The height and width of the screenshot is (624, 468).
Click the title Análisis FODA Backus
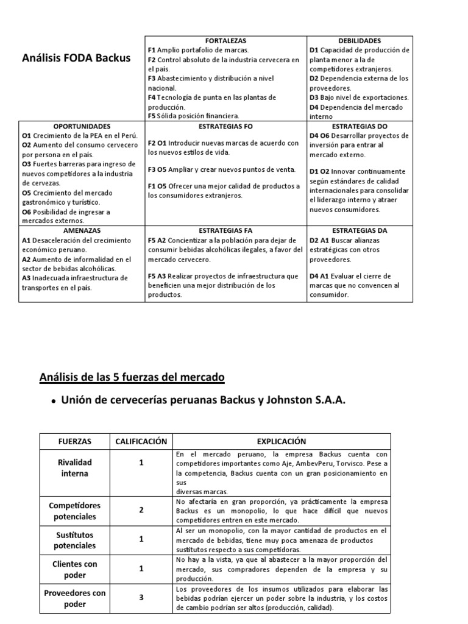pyautogui.click(x=76, y=59)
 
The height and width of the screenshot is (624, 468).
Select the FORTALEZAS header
pyautogui.click(x=225, y=40)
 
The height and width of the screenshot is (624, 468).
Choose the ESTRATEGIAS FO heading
pyautogui.click(x=225, y=126)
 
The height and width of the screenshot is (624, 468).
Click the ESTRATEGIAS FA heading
pyautogui.click(x=225, y=231)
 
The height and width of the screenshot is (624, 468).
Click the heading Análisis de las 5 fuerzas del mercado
pyautogui.click(x=132, y=378)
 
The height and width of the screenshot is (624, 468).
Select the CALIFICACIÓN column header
pyautogui.click(x=141, y=441)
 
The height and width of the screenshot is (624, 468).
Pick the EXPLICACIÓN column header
pyautogui.click(x=281, y=441)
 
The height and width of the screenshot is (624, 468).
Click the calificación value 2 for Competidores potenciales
pyautogui.click(x=141, y=510)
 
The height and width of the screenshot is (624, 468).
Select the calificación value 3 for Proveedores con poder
pyautogui.click(x=141, y=598)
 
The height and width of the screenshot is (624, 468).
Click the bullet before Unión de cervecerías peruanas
pyautogui.click(x=54, y=401)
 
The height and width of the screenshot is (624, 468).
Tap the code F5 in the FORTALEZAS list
pyautogui.click(x=152, y=116)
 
